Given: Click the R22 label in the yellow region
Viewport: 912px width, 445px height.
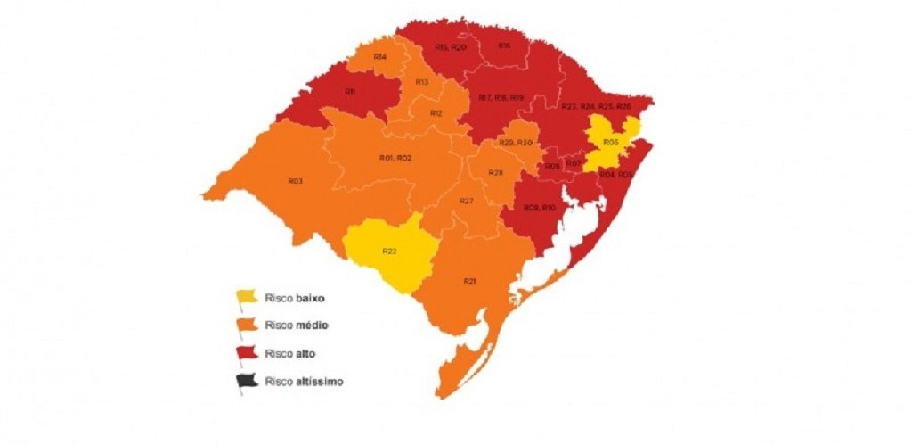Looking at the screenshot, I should coord(390,251).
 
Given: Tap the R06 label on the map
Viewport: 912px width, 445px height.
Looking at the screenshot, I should coord(610,142).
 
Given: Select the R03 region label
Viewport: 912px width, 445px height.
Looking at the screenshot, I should coord(296,181).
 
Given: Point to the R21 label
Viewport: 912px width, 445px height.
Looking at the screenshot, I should coord(469,281).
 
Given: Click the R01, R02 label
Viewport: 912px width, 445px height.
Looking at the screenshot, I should coord(395,158).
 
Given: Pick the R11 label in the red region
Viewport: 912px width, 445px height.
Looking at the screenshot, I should coord(350,91).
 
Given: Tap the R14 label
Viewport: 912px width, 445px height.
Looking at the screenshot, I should coord(379,57).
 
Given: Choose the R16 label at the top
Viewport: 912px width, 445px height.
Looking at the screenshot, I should coord(504,45).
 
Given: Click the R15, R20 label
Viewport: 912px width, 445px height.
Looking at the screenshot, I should coord(450,46).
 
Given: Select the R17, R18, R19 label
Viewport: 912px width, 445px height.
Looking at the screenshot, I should coord(501,97).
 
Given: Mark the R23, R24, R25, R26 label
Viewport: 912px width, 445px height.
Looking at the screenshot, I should coord(596,106).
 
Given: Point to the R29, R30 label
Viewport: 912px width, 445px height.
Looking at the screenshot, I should coord(515,144).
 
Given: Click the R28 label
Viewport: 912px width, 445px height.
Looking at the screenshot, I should coord(496,172).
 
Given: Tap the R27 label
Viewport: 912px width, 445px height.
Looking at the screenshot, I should coord(466,202).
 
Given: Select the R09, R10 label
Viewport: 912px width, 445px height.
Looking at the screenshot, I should coord(540,208).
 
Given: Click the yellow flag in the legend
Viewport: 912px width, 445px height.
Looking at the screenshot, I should coord(246,297).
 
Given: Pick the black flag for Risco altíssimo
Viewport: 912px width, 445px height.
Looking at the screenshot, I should coord(246,383).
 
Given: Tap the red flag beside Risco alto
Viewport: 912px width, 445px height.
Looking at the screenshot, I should coord(246,354).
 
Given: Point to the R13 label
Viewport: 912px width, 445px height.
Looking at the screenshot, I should coord(422,82).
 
